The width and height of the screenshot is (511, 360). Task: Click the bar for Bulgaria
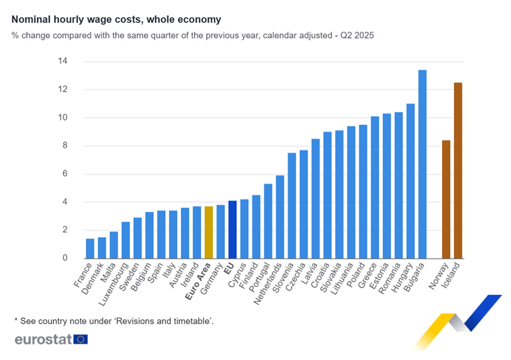[x=422, y=164]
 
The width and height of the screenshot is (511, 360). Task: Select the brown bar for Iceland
[x=458, y=171]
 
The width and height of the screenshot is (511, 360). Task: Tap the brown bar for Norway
[x=446, y=199]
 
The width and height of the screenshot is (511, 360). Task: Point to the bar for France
[x=90, y=249]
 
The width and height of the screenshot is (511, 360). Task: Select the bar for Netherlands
[x=279, y=217]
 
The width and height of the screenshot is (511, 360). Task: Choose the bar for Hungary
[x=411, y=181]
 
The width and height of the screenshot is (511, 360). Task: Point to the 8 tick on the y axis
[x=65, y=146]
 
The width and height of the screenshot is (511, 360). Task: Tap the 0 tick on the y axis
[x=65, y=258]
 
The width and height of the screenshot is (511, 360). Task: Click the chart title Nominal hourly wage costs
[x=116, y=20]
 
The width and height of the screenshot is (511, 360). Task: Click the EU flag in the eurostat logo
[x=81, y=339]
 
